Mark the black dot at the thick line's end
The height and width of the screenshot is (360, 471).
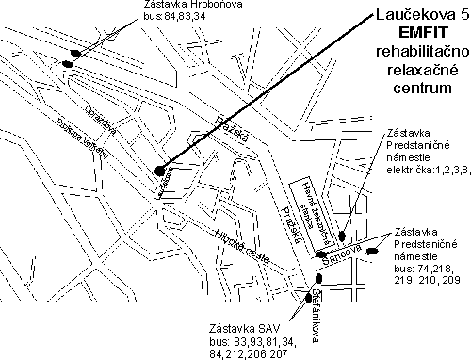163,171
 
